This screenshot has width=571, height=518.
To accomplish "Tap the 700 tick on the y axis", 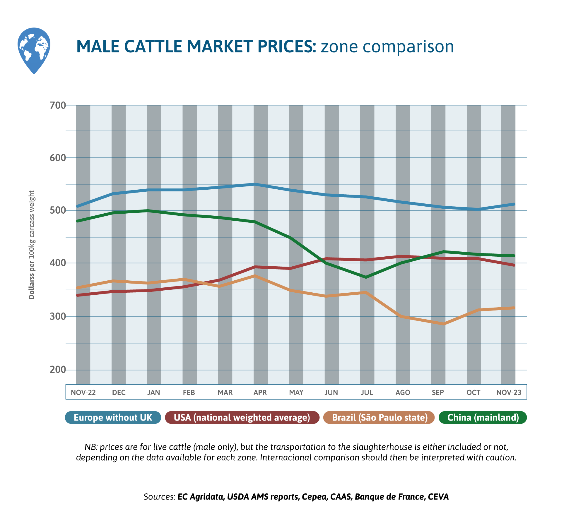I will click(x=58, y=105).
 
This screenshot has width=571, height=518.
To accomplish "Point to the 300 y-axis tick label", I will click(x=58, y=316).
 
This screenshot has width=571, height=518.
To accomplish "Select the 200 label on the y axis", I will click(x=58, y=370).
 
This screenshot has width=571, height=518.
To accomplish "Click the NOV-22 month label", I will click(x=83, y=392).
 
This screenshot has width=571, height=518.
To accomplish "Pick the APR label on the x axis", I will click(x=260, y=392).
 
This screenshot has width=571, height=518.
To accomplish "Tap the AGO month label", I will click(x=403, y=392).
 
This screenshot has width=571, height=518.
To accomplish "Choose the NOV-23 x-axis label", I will click(x=509, y=392).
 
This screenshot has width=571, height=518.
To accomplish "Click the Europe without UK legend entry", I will click(x=113, y=417).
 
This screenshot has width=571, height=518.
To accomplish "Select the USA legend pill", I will click(x=242, y=417).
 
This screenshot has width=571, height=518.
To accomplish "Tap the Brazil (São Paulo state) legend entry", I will click(x=379, y=417).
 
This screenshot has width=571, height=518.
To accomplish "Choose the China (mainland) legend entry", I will click(x=483, y=417).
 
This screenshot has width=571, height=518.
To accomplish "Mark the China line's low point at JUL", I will click(x=366, y=277).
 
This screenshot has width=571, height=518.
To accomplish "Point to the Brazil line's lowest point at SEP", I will click(x=444, y=324).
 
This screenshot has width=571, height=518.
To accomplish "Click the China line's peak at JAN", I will click(x=148, y=211).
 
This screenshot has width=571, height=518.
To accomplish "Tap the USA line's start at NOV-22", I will click(x=78, y=295).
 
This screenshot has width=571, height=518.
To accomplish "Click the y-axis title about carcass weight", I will click(x=32, y=245).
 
